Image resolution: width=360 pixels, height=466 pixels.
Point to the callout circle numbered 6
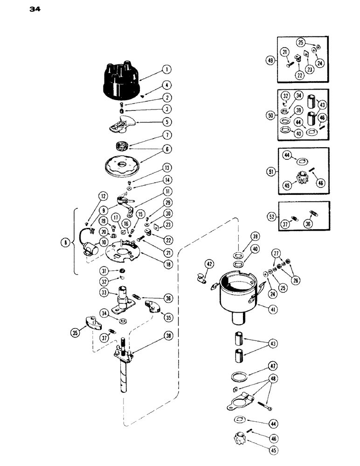[x=166, y=149]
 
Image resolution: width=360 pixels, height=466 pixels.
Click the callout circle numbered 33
[x=103, y=293]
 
